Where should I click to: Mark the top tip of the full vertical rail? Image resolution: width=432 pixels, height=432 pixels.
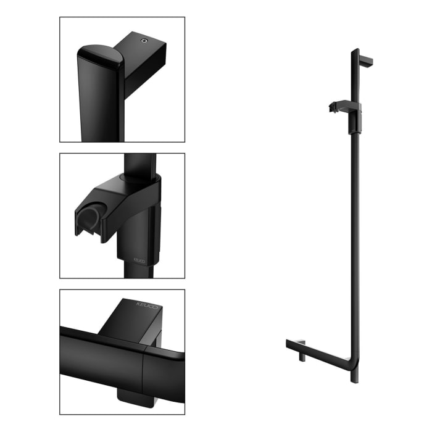coord(354,51)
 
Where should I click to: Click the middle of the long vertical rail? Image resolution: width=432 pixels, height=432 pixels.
coord(354,235)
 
